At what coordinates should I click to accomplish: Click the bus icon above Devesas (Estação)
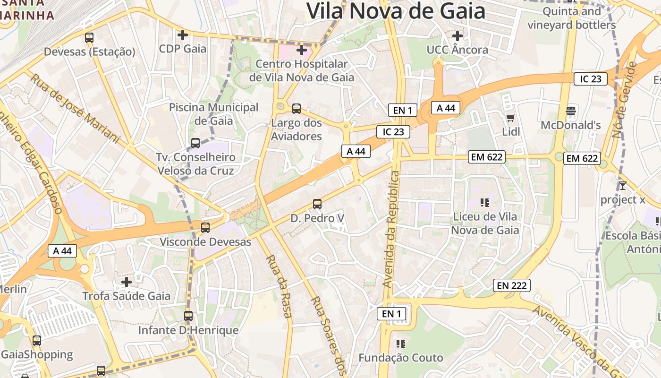coord(89,38)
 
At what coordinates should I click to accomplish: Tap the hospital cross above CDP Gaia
coord(182,35)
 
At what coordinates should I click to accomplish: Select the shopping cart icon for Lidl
coord(510,118)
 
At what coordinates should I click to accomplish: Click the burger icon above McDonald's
coord(571,112)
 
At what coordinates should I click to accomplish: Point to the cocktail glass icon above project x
coord(622,186)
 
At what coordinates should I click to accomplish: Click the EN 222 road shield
coord(512,285)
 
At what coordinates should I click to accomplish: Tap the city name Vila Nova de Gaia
coord(396,10)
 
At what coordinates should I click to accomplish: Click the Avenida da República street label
coord(392,230)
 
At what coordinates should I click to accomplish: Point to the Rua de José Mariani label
coord(75,108)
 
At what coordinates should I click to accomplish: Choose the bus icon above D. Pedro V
coord(317,204)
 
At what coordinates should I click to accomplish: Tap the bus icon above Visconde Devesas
coord(205,227)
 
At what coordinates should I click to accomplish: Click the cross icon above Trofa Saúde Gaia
coord(126,282)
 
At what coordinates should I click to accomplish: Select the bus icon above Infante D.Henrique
coord(188,316)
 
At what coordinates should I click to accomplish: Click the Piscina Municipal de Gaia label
coord(214,114)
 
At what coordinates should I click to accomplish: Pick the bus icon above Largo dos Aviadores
coord(297,109)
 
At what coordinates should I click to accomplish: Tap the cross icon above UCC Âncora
coord(457,35)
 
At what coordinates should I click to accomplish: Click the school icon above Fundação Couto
coord(401,344)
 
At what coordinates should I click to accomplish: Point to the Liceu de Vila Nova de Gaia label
coord(485,223)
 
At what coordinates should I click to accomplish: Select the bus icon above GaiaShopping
coord(37,340)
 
